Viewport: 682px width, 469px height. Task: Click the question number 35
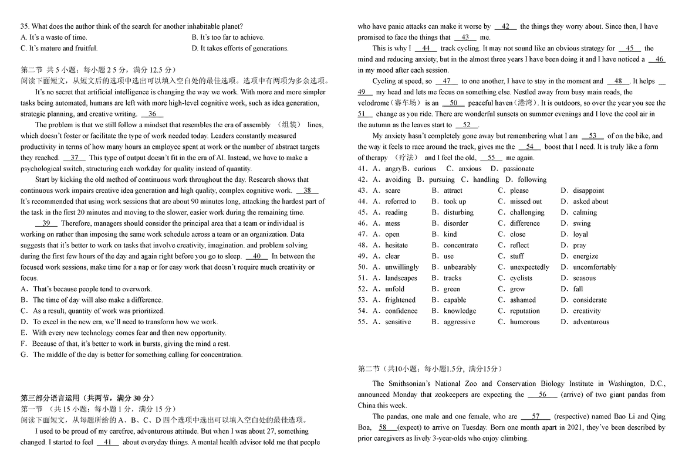24,26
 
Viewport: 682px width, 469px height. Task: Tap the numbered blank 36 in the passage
152,114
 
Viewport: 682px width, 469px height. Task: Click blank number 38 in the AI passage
307,191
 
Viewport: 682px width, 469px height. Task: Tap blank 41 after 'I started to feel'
107,443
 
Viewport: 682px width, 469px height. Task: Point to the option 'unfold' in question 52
394,289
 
